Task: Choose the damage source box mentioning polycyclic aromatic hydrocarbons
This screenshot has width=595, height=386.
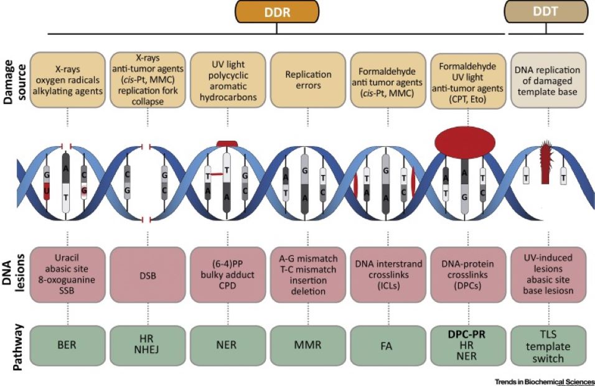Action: click(227, 78)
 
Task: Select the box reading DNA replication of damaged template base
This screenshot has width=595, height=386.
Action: click(549, 78)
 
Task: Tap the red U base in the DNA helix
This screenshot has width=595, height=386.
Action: click(47, 191)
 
